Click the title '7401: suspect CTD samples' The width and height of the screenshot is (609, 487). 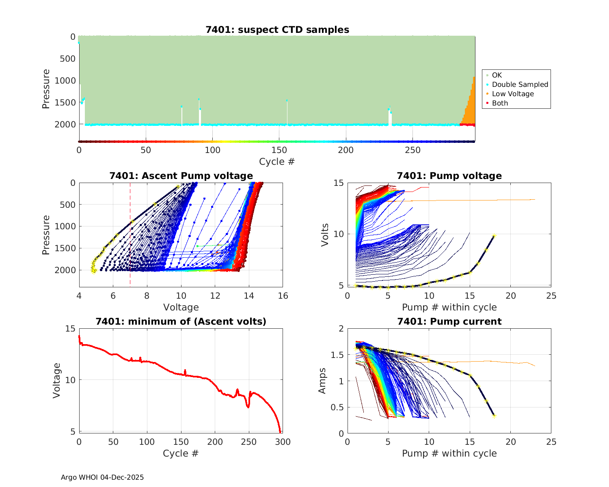(x=277, y=30)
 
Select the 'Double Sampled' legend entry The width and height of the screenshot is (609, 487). (x=520, y=84)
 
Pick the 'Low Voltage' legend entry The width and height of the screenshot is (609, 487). (x=512, y=94)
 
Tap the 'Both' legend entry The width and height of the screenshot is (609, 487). (x=500, y=103)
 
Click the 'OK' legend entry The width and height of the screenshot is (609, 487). (x=497, y=75)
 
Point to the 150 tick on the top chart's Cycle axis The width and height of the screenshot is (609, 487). (x=279, y=150)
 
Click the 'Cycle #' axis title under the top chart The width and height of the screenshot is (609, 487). (x=277, y=162)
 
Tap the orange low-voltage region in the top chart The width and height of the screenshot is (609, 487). (x=470, y=110)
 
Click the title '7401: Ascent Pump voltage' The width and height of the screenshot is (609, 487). (x=181, y=176)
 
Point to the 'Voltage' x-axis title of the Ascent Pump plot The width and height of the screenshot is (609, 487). (x=181, y=307)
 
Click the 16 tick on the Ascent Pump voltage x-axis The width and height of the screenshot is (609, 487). (x=283, y=296)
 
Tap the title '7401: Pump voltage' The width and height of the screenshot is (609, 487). (x=449, y=176)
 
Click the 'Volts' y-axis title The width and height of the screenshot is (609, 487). (x=325, y=234)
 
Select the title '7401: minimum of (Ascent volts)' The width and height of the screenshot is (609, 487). (x=181, y=321)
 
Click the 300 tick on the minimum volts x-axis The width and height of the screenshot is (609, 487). (x=283, y=442)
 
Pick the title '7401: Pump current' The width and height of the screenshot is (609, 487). (x=449, y=321)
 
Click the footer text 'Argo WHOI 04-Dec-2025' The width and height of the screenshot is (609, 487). (x=102, y=477)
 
